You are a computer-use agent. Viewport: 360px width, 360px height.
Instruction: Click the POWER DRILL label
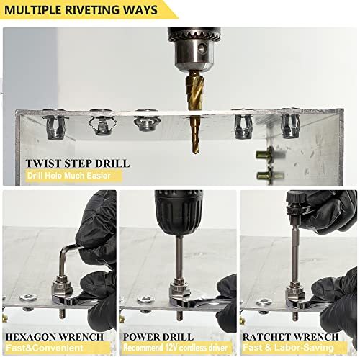pyautogui.click(x=159, y=336)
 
